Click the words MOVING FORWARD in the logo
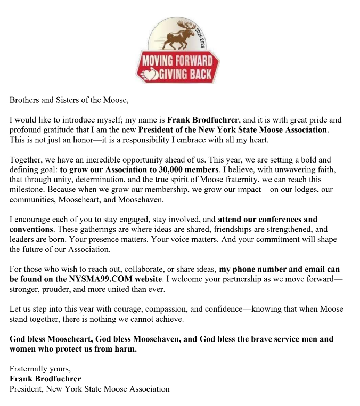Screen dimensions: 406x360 pos(177,60)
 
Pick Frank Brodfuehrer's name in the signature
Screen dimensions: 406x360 pos(45,379)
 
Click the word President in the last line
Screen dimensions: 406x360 pos(27,389)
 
